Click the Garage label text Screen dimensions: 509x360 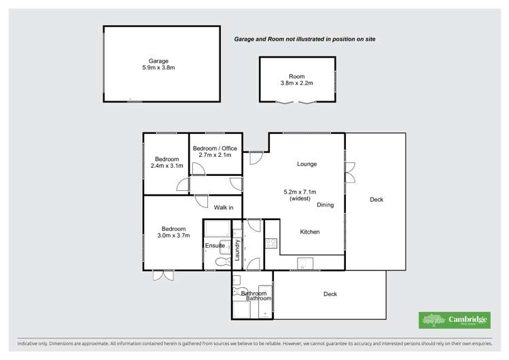pyautogui.click(x=158, y=61)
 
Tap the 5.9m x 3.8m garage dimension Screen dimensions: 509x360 pyautogui.click(x=158, y=68)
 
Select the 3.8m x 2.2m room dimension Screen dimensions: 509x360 pyautogui.click(x=297, y=83)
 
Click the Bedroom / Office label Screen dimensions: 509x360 pyautogui.click(x=215, y=148)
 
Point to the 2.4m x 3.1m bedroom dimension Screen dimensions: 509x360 pyautogui.click(x=167, y=166)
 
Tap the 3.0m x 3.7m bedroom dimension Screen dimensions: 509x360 pyautogui.click(x=174, y=236)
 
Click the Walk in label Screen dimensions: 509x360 pyautogui.click(x=224, y=208)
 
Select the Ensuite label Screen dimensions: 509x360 pyautogui.click(x=215, y=246)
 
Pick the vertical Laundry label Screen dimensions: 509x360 pyautogui.click(x=237, y=250)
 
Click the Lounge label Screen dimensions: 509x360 pyautogui.click(x=306, y=164)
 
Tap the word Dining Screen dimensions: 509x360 pyautogui.click(x=326, y=205)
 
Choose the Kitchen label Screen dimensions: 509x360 pyautogui.click(x=310, y=232)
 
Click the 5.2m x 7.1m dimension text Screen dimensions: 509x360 pyautogui.click(x=300, y=192)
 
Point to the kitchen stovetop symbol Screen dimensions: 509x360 pyautogui.click(x=271, y=243)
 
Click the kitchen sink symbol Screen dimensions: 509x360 pyautogui.click(x=305, y=264)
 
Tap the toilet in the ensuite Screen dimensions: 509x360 pyautogui.click(x=223, y=261)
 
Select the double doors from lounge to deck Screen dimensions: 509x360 pyautogui.click(x=350, y=173)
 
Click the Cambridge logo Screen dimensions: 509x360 pyautogui.click(x=455, y=320)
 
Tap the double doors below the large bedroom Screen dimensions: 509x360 pyautogui.click(x=163, y=276)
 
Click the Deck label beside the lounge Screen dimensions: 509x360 pyautogui.click(x=376, y=200)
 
